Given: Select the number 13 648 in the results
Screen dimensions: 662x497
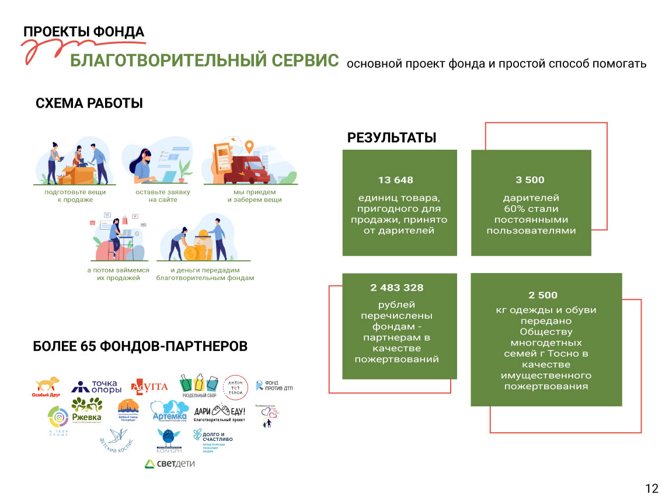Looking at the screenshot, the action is (395, 180).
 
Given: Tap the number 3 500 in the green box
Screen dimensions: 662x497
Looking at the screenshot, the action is (529, 180).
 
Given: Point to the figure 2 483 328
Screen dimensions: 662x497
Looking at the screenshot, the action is (396, 288).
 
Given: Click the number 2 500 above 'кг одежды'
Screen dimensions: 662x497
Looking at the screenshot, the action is (543, 295).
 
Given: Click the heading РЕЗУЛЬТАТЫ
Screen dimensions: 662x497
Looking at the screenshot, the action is (392, 138).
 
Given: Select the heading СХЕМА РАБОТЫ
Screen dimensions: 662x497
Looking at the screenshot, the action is (89, 103).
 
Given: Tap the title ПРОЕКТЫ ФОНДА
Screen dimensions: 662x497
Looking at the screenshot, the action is (84, 32).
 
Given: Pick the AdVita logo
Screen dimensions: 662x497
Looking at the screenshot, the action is (149, 386).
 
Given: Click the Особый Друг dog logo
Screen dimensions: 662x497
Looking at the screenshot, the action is (46, 388).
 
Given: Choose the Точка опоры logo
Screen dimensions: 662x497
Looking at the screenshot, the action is (97, 386).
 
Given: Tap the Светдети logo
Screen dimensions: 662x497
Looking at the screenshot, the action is (169, 464).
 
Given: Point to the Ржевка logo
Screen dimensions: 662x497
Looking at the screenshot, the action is (87, 409).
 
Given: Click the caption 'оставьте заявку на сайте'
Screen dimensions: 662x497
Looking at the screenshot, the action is (163, 196).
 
